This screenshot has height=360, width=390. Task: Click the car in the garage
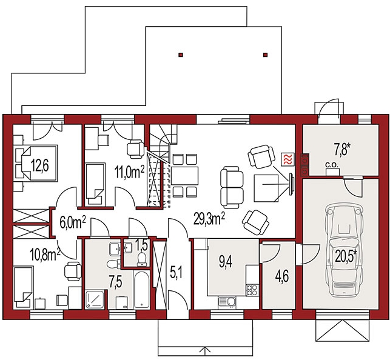pos(344,250)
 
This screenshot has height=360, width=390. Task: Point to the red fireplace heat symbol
pos(287,159)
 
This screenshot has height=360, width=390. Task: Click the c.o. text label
pos(332,164)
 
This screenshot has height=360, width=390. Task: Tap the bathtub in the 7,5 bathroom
pos(141,290)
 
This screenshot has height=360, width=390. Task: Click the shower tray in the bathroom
pos(94,299)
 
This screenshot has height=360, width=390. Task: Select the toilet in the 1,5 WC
pos(142,259)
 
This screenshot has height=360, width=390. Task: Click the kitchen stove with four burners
pos(252,290)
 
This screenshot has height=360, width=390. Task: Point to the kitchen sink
pos(227,302)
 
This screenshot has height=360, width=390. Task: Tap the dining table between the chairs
pos(184,175)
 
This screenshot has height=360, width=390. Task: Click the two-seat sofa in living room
pos(232,187)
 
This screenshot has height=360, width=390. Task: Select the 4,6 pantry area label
pos(282,276)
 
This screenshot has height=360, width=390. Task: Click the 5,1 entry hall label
pos(177,273)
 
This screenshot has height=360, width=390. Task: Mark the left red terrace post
pos(181,55)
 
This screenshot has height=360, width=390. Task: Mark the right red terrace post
pos(266,55)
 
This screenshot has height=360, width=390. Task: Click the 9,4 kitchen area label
pos(226,262)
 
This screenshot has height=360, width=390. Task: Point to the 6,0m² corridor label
pos(73,222)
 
